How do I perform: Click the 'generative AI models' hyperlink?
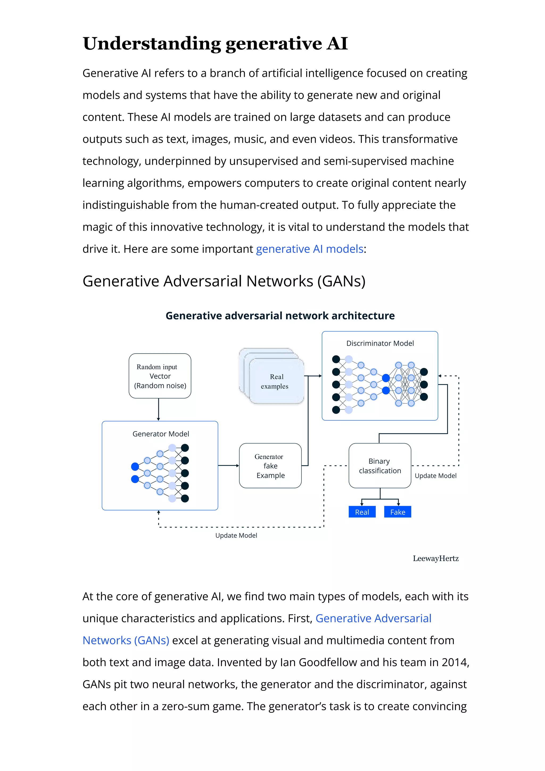tap(309, 249)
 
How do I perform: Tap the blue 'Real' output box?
tap(362, 512)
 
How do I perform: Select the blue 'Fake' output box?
tap(397, 512)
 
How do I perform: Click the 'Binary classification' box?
tap(379, 466)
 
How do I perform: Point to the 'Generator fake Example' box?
tap(270, 466)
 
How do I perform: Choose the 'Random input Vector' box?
tap(160, 376)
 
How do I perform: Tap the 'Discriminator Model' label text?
tap(380, 343)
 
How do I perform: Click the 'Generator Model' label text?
tap(160, 434)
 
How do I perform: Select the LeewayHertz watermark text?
tap(436, 558)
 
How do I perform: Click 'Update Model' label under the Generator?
tap(236, 536)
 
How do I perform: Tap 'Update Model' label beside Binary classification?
tap(436, 476)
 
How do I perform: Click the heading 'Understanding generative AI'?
tap(215, 44)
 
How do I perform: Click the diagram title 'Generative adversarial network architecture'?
tap(280, 316)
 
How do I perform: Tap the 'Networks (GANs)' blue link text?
tap(126, 640)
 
